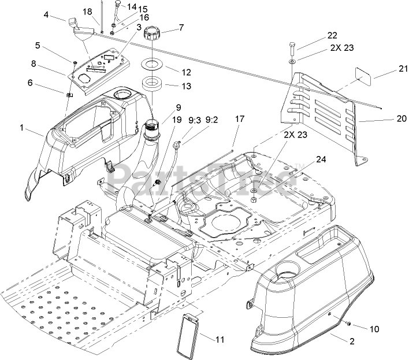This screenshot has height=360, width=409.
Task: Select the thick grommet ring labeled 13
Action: [x=152, y=84]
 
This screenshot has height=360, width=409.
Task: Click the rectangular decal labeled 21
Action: [x=363, y=76]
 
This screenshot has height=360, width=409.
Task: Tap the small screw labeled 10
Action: [x=348, y=324]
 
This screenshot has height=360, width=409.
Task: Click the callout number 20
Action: [x=401, y=118]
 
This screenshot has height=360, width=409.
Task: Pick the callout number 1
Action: [x=21, y=127]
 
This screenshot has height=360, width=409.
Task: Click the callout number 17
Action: [x=240, y=118]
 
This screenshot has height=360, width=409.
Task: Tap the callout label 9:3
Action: [x=195, y=120]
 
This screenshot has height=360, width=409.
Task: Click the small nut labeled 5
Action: [x=75, y=63]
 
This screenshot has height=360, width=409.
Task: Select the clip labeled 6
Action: [x=69, y=95]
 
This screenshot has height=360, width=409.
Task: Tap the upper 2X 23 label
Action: [x=342, y=48]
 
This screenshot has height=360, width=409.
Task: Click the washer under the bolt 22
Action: [x=292, y=62]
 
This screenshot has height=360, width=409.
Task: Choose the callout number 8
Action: [x=33, y=64]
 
